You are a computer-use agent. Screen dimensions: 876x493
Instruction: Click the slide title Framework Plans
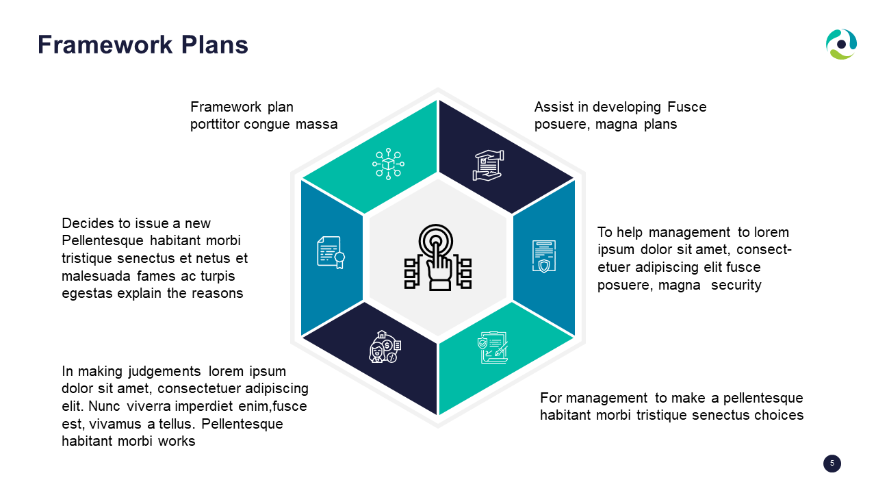click(143, 45)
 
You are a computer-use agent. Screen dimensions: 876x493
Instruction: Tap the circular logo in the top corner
click(841, 45)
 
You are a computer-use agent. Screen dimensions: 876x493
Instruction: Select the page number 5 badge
click(832, 464)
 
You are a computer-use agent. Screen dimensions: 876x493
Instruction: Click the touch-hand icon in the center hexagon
click(437, 257)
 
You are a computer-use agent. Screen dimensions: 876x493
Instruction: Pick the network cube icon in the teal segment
click(388, 164)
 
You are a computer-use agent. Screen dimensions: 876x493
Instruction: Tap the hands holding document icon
click(488, 165)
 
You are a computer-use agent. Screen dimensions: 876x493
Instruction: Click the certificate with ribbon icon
click(331, 253)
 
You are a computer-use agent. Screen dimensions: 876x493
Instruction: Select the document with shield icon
click(543, 256)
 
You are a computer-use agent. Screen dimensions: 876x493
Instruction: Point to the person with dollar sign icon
click(385, 347)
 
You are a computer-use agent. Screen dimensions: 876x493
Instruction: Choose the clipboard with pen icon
click(493, 347)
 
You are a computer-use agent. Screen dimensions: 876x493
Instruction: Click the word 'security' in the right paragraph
click(736, 285)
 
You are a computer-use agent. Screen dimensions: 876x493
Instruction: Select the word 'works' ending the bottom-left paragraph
click(177, 441)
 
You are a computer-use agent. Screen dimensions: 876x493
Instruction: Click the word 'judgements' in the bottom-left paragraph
click(164, 371)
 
